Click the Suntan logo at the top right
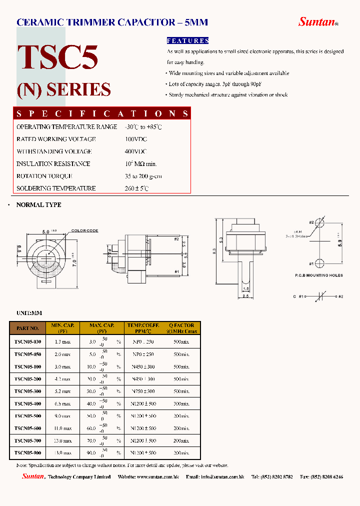click(318, 21)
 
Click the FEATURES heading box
click(187, 40)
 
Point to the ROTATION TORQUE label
click(44, 176)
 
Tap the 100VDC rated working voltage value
click(135, 139)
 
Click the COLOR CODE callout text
click(84, 230)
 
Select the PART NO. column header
click(27, 328)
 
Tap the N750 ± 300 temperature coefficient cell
click(143, 391)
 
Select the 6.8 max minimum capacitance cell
click(62, 403)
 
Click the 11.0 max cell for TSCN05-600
click(62, 428)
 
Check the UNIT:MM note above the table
click(29, 312)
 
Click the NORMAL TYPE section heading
click(39, 205)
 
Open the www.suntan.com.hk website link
click(157, 477)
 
